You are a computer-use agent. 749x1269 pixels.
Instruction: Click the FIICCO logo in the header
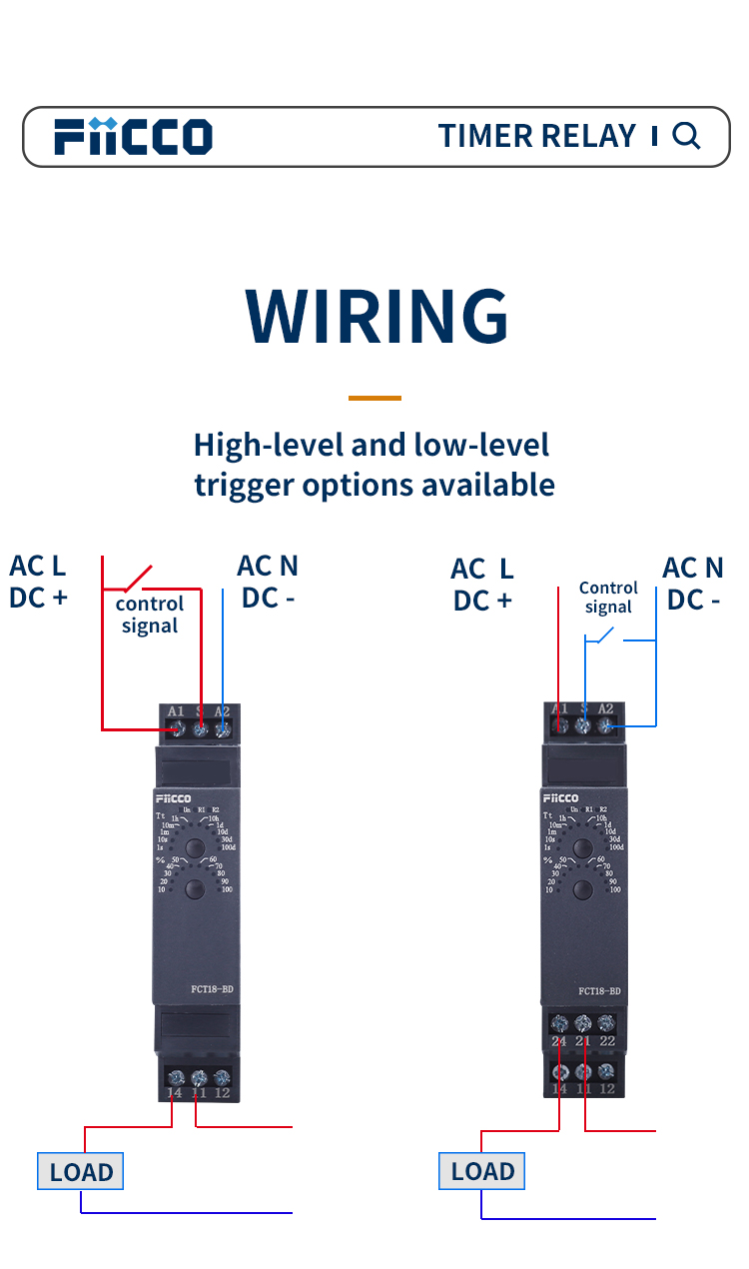tap(133, 136)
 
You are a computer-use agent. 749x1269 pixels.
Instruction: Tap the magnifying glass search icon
tap(686, 136)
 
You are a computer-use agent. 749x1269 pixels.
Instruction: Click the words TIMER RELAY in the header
tap(537, 136)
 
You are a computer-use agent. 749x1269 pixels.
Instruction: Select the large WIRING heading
tap(376, 317)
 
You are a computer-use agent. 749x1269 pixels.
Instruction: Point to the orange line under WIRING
tap(374, 398)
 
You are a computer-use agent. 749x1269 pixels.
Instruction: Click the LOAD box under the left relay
tap(81, 1172)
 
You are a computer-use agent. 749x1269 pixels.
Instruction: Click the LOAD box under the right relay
tap(482, 1172)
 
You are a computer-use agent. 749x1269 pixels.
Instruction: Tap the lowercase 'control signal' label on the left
tap(150, 615)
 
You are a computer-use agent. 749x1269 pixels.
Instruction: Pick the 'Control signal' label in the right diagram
tap(608, 598)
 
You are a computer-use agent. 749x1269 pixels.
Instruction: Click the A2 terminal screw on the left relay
tap(223, 730)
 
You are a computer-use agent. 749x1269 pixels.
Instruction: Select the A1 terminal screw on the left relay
tap(177, 730)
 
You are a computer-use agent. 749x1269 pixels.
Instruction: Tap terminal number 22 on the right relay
tap(606, 1041)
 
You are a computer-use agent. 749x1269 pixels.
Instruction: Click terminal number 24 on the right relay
tap(559, 1041)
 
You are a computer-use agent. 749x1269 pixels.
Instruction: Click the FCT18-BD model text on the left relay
tap(212, 989)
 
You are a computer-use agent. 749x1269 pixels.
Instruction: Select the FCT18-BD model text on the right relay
tap(599, 991)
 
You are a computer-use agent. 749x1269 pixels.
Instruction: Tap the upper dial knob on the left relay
tap(195, 847)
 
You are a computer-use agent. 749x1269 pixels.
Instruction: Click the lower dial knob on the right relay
tap(585, 887)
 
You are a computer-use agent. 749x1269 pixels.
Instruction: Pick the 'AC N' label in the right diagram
tap(692, 569)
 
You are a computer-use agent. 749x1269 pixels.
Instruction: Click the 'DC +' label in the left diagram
tap(38, 598)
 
